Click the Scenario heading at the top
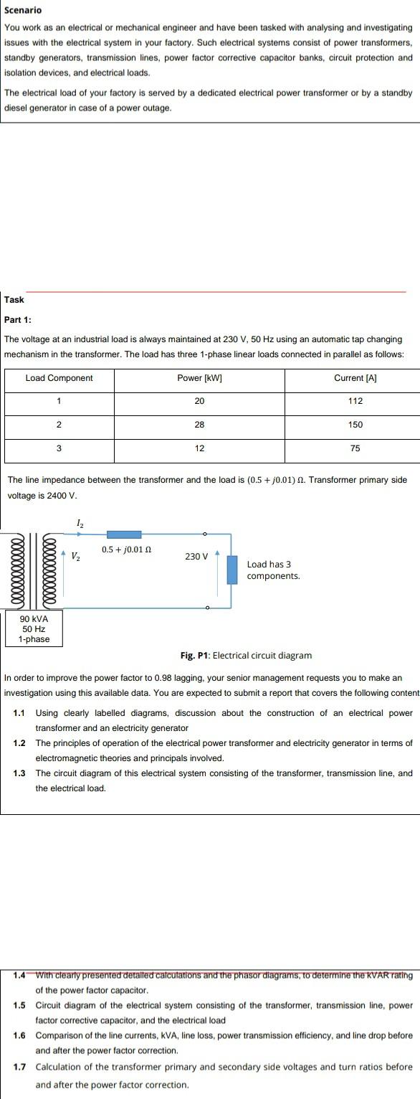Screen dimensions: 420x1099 (23, 10)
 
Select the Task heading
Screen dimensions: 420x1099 (14, 300)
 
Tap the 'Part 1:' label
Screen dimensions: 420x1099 (18, 319)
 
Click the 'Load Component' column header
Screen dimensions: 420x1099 (59, 378)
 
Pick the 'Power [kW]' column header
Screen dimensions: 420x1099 (199, 378)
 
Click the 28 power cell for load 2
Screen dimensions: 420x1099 (199, 425)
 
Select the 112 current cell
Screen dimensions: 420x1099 (355, 402)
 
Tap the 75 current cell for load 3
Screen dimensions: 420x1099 (355, 448)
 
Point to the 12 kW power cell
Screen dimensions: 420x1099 (199, 448)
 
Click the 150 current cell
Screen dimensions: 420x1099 (355, 425)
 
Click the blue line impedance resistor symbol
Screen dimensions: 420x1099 (124, 534)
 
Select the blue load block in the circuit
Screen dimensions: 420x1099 (232, 570)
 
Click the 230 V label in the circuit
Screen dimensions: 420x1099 (196, 556)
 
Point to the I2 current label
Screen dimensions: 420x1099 (80, 524)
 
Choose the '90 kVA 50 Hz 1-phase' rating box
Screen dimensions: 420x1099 (34, 628)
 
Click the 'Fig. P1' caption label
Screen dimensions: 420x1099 (195, 655)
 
